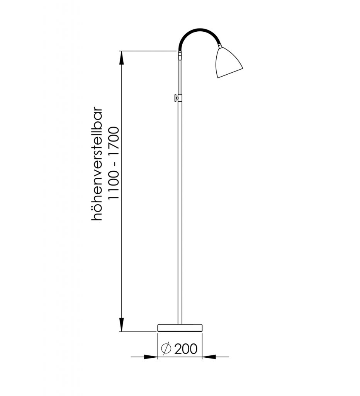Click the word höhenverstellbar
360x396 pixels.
97,164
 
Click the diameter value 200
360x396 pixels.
186,349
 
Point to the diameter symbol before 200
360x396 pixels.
166,349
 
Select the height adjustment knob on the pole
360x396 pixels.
176,97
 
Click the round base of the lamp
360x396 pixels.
180,328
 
